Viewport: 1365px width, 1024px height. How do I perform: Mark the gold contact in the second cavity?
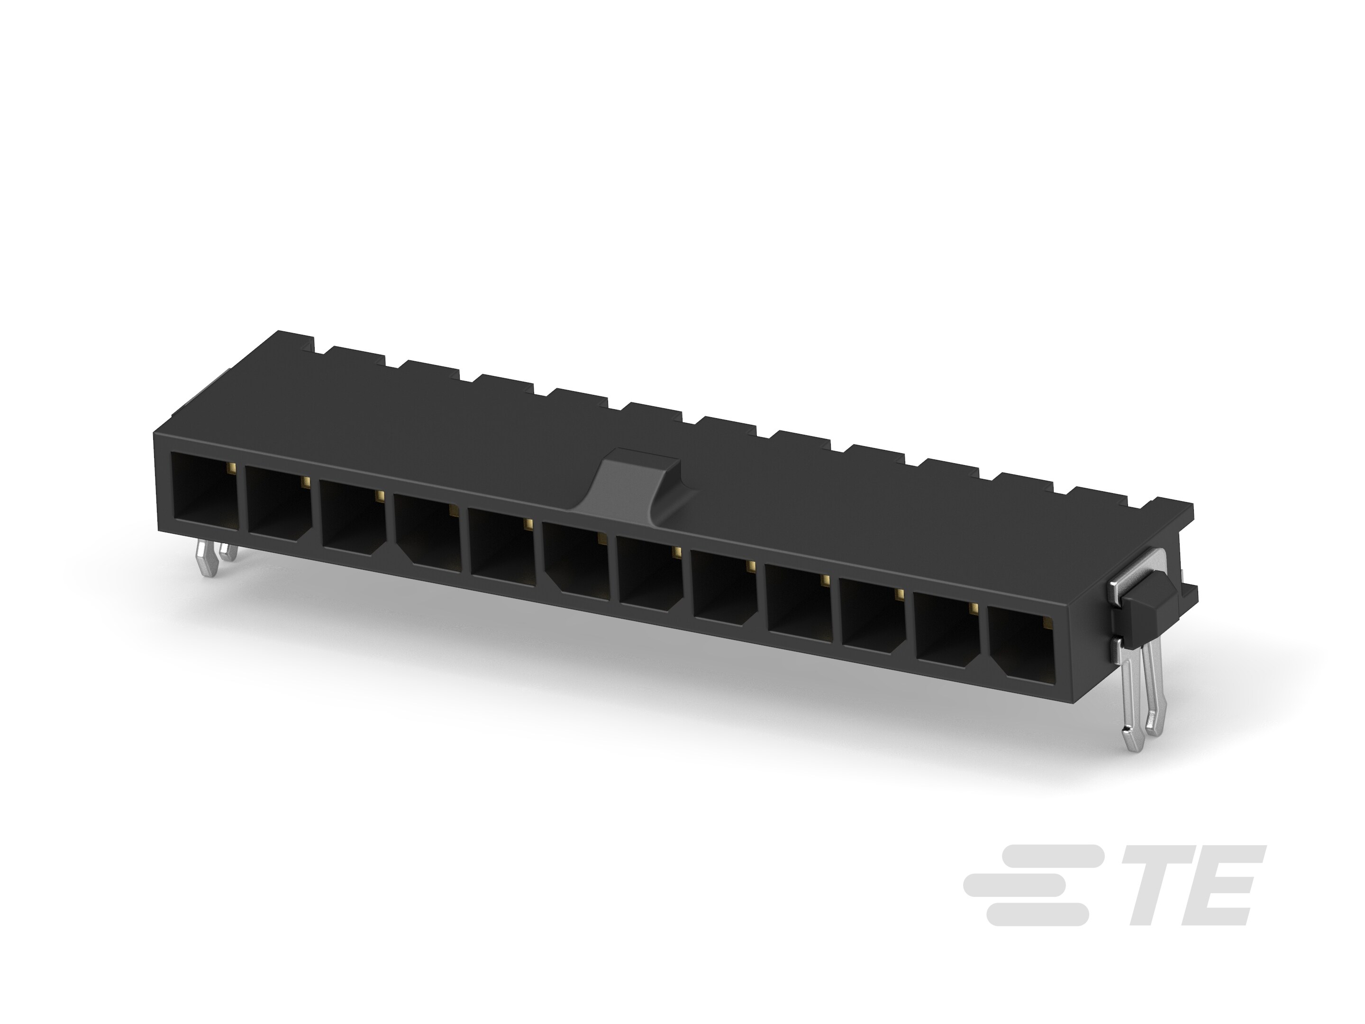click(305, 481)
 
